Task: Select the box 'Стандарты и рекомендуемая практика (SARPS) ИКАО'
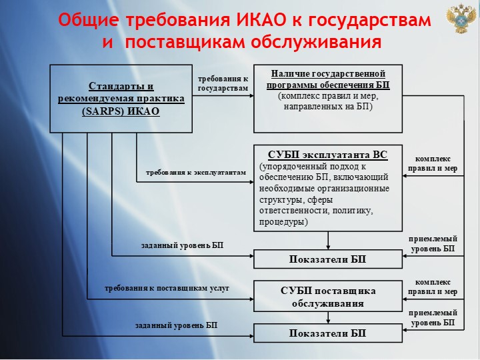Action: point(121,98)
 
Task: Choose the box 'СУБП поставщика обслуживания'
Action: point(328,297)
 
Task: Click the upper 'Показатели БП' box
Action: point(328,259)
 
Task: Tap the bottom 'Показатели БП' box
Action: point(328,333)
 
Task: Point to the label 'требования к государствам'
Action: point(223,83)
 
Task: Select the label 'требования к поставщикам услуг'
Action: point(167,288)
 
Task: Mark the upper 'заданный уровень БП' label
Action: point(182,245)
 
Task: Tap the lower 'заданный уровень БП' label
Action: point(176,325)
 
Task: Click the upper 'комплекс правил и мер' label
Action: point(433,163)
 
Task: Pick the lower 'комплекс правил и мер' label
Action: point(433,287)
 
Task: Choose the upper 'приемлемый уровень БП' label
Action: point(433,243)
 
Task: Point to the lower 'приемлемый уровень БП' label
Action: point(433,317)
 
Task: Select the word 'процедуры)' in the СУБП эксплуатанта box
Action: point(283,221)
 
